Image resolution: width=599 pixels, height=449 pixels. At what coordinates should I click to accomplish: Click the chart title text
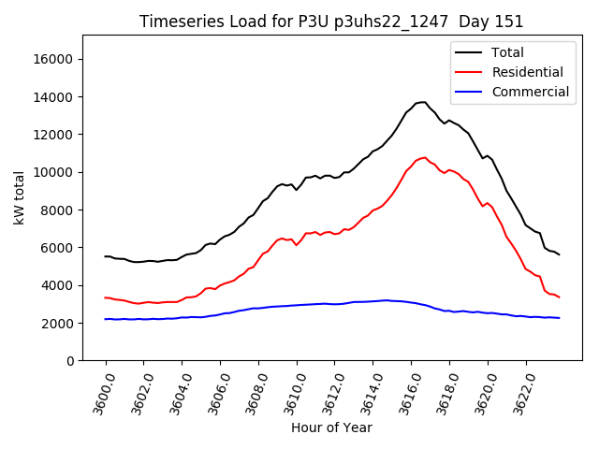pyautogui.click(x=331, y=22)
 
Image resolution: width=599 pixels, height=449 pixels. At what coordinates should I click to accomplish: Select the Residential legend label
pyautogui.click(x=527, y=72)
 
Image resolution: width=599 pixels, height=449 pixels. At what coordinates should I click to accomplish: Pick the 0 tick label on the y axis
pyautogui.click(x=70, y=361)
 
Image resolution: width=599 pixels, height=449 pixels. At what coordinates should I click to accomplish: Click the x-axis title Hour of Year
pyautogui.click(x=331, y=427)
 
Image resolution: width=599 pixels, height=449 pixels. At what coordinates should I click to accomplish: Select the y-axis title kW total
pyautogui.click(x=20, y=198)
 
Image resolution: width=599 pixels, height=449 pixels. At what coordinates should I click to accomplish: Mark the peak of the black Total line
pyautogui.click(x=423, y=102)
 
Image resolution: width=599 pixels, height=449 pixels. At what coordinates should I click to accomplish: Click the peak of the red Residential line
pyautogui.click(x=424, y=157)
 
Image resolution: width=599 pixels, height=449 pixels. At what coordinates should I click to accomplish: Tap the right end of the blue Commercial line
pyautogui.click(x=559, y=318)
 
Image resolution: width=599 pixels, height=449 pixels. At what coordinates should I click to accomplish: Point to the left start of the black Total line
pyautogui.click(x=105, y=256)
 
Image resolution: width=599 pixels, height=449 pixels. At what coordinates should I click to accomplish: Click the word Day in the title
pyautogui.click(x=479, y=22)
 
